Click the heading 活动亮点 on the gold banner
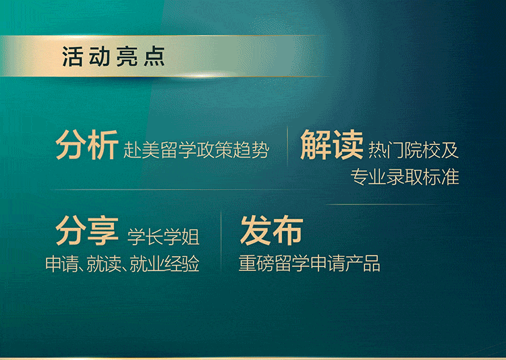pos(113,57)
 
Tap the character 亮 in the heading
pos(127,57)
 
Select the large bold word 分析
pos(87,145)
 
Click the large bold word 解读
pos(332,145)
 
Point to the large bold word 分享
pos(87,231)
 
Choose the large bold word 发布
pos(272,231)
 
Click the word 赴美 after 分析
pos(142,150)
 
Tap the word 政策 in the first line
pos(215,150)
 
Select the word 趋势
pos(251,150)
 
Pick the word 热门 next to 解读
pos(387,150)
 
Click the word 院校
pos(423,150)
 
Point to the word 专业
pos(368,177)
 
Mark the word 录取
pos(405,177)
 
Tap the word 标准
pos(441,177)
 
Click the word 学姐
pos(181,237)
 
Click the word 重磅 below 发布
pos(256,263)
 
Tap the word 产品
pos(363,263)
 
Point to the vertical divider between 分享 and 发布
pos(221,243)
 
